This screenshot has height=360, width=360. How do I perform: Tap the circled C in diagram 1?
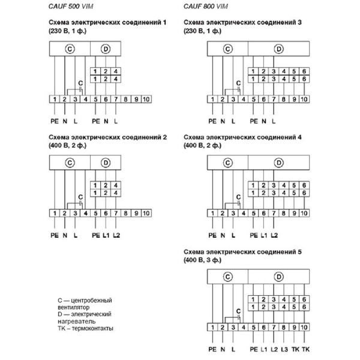[70, 49]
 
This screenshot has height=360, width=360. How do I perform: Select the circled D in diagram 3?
[278, 49]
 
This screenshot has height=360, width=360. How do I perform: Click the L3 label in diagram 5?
[284, 349]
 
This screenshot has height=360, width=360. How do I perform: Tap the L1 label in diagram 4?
[264, 235]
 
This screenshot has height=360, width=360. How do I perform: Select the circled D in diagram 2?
[106, 163]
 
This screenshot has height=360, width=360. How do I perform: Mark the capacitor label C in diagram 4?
[238, 196]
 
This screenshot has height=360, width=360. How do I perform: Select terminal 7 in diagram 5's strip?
[274, 326]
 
